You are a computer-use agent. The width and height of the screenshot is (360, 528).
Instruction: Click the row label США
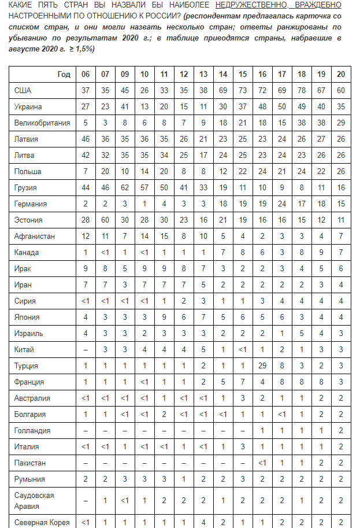[x=23, y=91]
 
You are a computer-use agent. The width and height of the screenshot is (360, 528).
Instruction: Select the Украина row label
[x=28, y=107]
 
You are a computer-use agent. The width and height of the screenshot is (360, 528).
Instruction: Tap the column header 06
[x=85, y=75]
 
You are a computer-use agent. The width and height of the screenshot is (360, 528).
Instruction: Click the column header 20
[x=340, y=75]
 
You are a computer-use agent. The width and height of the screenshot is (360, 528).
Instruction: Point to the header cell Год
[x=64, y=75]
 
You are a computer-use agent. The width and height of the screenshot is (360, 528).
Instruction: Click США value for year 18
[x=301, y=91]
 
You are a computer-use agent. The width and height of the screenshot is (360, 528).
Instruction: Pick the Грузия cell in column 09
[x=124, y=188]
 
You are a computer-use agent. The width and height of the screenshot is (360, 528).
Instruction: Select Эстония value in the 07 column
[x=105, y=220]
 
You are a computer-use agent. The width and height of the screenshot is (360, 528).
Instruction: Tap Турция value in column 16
[x=262, y=366]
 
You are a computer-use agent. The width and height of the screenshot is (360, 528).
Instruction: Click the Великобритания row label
[x=42, y=123]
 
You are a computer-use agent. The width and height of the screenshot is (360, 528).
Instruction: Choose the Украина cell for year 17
[x=281, y=107]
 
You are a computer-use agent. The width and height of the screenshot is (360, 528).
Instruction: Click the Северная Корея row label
[x=42, y=523]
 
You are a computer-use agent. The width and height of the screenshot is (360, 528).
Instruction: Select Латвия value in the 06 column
[x=85, y=139]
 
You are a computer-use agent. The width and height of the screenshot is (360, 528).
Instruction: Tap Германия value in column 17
[x=281, y=204]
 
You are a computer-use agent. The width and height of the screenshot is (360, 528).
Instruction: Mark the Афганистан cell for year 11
[x=164, y=237]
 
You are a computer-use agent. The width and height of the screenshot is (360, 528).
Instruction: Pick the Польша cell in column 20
[x=340, y=172]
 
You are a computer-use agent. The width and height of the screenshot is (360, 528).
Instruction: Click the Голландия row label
[x=32, y=431]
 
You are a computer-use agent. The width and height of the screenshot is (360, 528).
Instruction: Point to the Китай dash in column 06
[x=85, y=350]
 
